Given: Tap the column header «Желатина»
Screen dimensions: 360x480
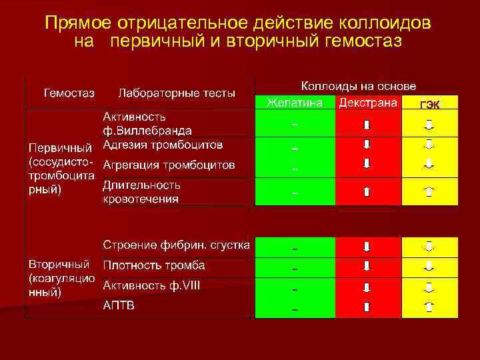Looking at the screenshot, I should (x=295, y=103).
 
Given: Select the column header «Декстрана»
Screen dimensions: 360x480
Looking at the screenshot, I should (x=368, y=103).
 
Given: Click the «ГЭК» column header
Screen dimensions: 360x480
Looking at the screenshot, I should (x=429, y=104).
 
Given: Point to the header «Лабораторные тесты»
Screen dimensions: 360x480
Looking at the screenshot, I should (x=176, y=93).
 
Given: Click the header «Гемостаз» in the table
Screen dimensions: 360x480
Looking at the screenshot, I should (x=69, y=92).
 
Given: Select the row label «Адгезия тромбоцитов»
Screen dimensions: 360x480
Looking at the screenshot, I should (x=163, y=144).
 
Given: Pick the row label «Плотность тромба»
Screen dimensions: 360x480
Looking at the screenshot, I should (x=153, y=265).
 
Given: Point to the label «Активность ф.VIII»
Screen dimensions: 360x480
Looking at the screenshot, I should (x=151, y=285).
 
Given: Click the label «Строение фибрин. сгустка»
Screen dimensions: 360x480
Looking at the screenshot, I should (x=176, y=245).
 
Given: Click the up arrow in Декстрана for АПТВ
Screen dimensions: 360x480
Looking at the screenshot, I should (x=366, y=307).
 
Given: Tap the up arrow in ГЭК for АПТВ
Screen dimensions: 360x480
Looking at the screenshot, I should (x=429, y=307).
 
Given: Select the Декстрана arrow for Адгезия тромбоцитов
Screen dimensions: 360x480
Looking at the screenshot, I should (x=366, y=144).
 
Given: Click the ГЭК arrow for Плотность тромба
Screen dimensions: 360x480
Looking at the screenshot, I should (x=429, y=266).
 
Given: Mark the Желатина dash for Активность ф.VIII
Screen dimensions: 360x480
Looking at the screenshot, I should (x=295, y=289).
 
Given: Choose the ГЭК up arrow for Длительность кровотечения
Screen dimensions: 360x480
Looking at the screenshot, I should (x=429, y=192).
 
